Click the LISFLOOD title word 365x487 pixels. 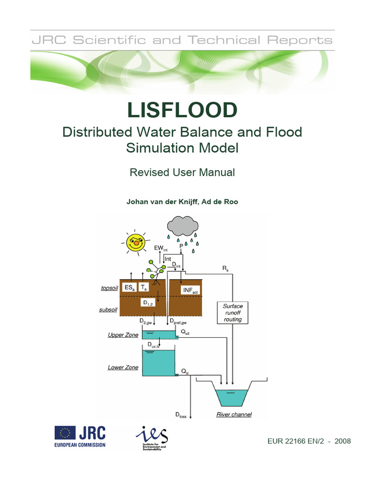coord(182,110)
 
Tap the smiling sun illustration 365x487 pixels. coord(135,241)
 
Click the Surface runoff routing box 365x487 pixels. coord(232,313)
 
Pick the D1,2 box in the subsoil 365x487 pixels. coord(148,302)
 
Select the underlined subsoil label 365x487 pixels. coord(109,310)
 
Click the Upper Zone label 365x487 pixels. coord(123,335)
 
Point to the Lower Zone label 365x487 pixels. coord(123,368)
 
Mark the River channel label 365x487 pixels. coord(234,415)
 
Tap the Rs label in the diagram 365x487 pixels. coord(225,269)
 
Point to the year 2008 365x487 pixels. coord(342,441)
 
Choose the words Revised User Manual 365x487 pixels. coord(182,172)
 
